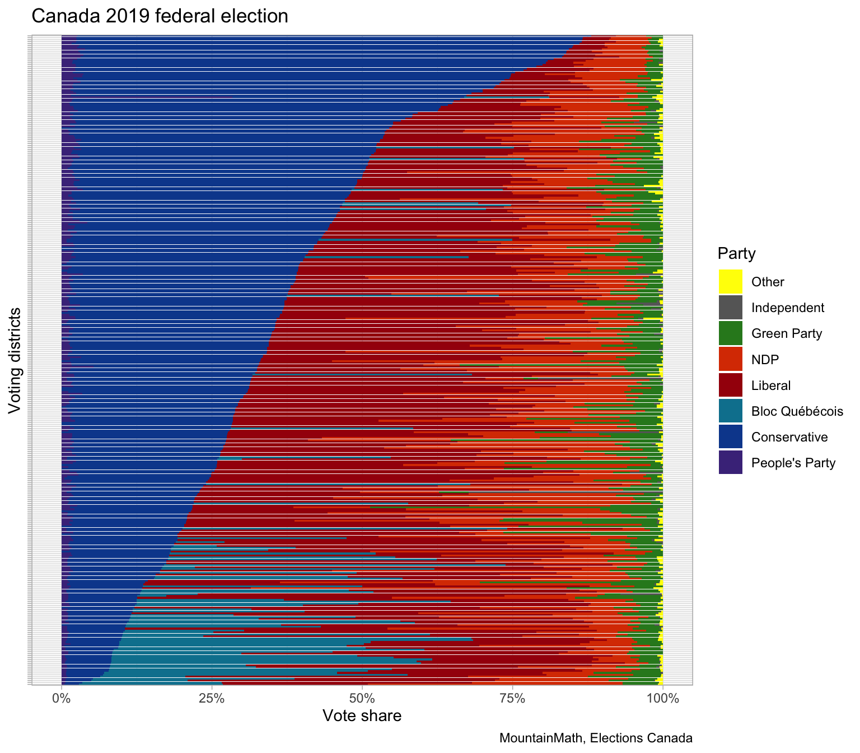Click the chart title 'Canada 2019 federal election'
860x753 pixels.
point(160,16)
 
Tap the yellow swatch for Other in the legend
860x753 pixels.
point(730,281)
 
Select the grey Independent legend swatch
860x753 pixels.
point(730,307)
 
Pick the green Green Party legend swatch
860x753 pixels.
point(730,333)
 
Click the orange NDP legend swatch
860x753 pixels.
point(730,359)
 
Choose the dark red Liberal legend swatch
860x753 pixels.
point(730,385)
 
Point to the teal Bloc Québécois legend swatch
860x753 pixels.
point(730,411)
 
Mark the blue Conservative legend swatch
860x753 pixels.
point(730,437)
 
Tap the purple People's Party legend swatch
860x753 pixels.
point(730,463)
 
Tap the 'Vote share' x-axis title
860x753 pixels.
point(362,716)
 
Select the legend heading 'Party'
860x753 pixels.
point(736,254)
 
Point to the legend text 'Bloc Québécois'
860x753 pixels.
point(797,411)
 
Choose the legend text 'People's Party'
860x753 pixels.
point(793,463)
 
